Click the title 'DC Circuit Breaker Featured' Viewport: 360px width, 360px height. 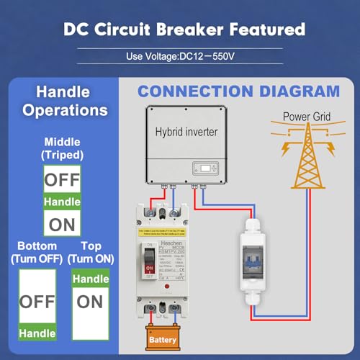pos(180,30)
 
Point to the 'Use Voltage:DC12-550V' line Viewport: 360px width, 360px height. pos(180,55)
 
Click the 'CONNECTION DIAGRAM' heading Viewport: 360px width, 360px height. pos(238,91)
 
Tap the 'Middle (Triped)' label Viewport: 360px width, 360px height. pos(62,148)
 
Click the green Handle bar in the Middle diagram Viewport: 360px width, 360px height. pos(62,202)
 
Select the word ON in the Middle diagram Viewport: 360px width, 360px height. pos(62,224)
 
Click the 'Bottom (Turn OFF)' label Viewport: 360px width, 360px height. pos(37,252)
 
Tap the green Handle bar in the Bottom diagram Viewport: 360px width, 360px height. pos(37,333)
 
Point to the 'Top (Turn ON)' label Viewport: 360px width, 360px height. pos(90,252)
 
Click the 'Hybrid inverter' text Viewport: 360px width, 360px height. pos(186,132)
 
